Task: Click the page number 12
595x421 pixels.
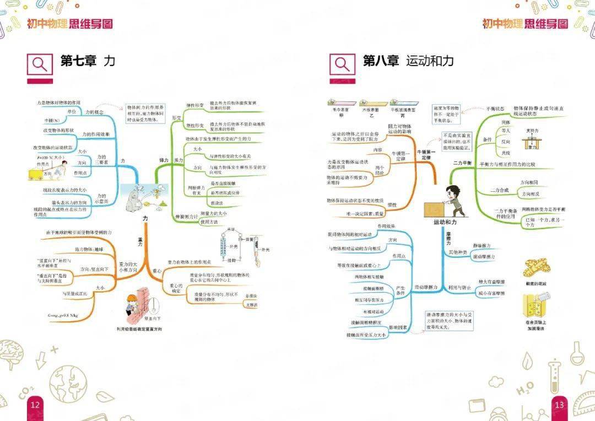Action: point(35,405)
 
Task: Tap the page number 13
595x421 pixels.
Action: point(559,405)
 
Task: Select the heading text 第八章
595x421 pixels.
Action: point(381,61)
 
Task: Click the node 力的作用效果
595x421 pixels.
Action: point(96,134)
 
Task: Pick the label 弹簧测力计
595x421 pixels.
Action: point(186,217)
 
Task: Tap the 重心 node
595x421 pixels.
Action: point(157,271)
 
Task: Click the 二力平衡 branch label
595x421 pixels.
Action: point(462,164)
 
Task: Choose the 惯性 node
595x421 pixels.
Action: point(392,204)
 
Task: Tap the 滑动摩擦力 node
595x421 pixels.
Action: point(426,287)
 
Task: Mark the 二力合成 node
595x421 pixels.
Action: point(500,190)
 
